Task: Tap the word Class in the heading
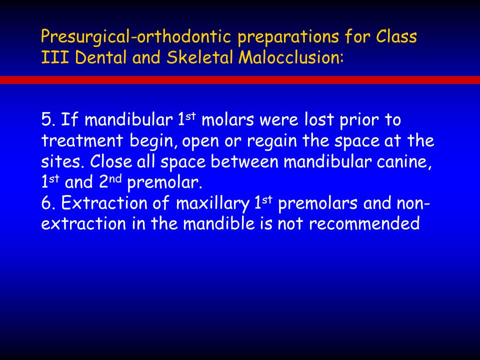pyautogui.click(x=396, y=36)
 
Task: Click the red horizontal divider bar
pyautogui.click(x=240, y=80)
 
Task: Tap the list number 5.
pyautogui.click(x=48, y=119)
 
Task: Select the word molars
pyautogui.click(x=227, y=119)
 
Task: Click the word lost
pyautogui.click(x=319, y=119)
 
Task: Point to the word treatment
pyautogui.click(x=82, y=141)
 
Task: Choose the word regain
pyautogui.click(x=272, y=141)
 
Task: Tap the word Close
pyautogui.click(x=111, y=161)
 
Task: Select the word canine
pyautogui.click(x=404, y=161)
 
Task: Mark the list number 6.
pyautogui.click(x=48, y=203)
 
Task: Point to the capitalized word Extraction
pyautogui.click(x=104, y=203)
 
